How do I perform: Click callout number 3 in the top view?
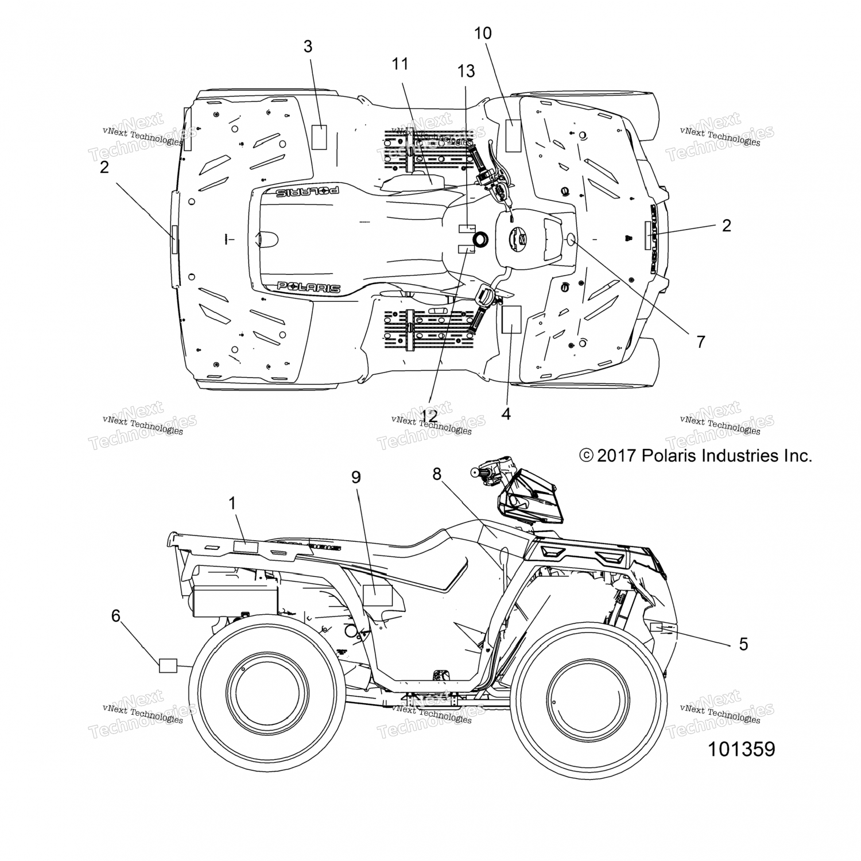click(308, 46)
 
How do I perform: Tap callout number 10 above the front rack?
click(483, 33)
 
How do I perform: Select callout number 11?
click(400, 64)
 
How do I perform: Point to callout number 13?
click(466, 71)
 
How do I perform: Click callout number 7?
click(700, 342)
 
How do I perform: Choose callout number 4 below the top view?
click(506, 413)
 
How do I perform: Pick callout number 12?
click(429, 414)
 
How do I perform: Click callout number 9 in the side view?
click(356, 477)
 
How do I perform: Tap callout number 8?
click(437, 474)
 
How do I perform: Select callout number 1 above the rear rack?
click(232, 503)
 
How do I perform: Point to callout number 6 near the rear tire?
click(116, 616)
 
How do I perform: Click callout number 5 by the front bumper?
click(743, 644)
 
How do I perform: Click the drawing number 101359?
click(741, 749)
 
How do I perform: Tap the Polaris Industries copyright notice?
click(696, 456)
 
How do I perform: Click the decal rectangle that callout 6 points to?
click(168, 666)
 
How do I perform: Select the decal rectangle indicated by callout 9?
click(378, 595)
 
